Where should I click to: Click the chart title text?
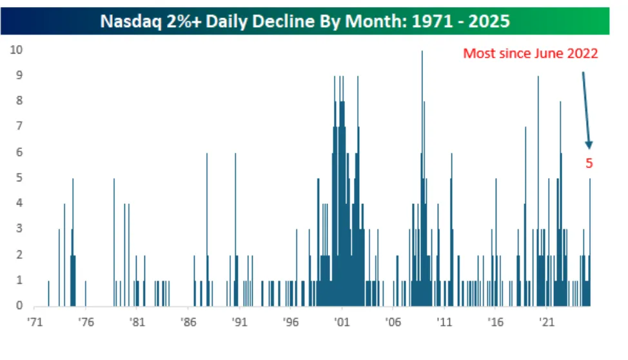(305, 21)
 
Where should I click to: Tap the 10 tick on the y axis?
(16, 50)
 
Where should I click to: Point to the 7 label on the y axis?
(19, 126)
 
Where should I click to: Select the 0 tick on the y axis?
(19, 305)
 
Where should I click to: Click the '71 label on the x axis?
(35, 322)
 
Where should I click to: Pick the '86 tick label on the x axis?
(188, 322)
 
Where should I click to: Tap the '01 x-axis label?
(342, 322)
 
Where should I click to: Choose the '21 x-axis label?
(547, 322)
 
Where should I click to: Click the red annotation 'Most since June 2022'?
(530, 54)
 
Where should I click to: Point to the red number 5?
(589, 163)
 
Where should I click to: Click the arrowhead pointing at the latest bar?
(589, 145)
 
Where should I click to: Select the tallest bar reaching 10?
(422, 179)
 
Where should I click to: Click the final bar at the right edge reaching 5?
(589, 243)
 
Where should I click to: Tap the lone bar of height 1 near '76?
(85, 294)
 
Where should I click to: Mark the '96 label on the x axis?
(291, 322)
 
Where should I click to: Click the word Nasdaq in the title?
(131, 21)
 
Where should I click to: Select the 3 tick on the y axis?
(19, 228)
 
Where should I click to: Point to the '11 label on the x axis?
(444, 322)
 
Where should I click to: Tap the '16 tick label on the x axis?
(495, 322)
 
